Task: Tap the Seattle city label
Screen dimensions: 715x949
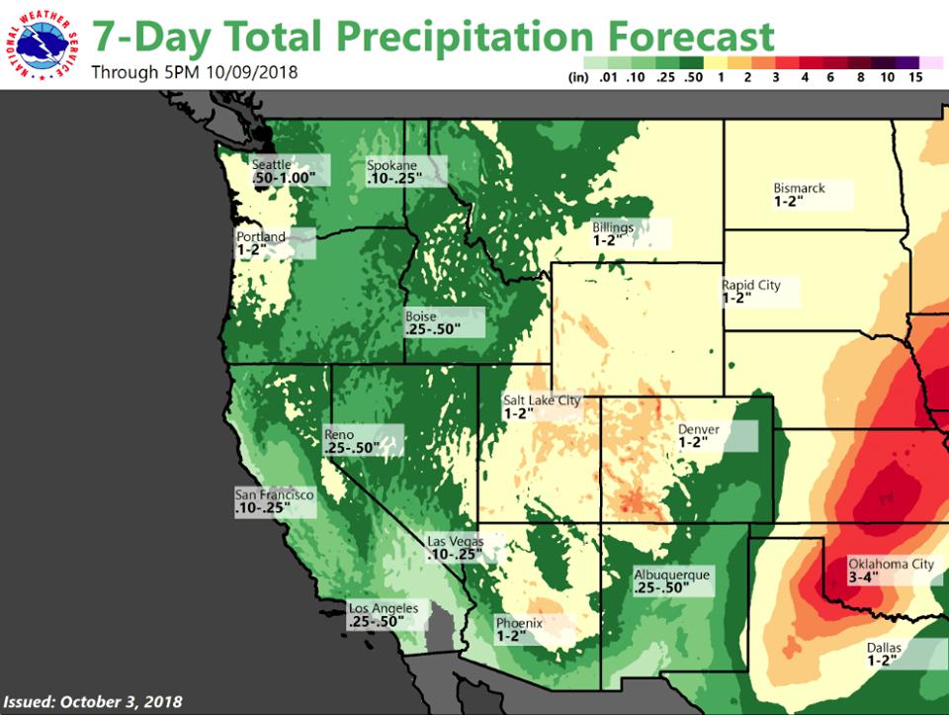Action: (272, 164)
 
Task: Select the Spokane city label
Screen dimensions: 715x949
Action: (391, 165)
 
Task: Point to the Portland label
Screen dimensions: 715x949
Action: (261, 237)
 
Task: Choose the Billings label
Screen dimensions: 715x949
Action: (613, 226)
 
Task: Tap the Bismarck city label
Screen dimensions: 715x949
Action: (799, 188)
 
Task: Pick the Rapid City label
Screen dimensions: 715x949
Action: (751, 285)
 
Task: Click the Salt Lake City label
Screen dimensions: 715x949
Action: (542, 400)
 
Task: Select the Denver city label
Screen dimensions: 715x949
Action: (699, 429)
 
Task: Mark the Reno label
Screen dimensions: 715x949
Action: (339, 434)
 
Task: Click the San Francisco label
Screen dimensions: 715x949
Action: (274, 493)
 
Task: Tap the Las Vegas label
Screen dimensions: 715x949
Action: (455, 541)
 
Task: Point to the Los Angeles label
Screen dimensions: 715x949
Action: (384, 608)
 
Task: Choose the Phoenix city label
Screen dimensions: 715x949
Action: (520, 623)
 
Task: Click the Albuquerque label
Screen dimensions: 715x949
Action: (671, 575)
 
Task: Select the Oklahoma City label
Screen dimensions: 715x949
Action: (891, 565)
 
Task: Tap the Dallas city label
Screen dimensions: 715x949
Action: (885, 646)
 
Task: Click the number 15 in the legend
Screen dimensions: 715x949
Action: (914, 76)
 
